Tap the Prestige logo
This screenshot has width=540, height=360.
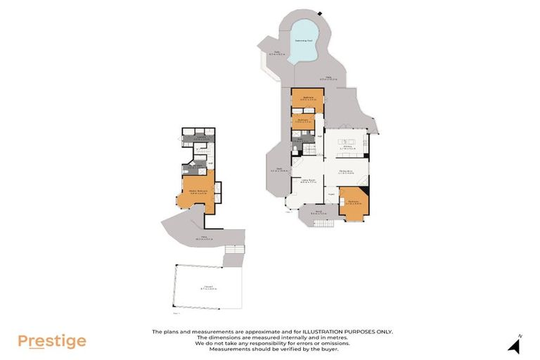(x=51, y=342)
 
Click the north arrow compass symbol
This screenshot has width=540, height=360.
(x=515, y=345)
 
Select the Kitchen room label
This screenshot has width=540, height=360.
(x=347, y=148)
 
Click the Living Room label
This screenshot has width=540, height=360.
(x=308, y=182)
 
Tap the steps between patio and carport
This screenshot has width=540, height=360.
(x=233, y=250)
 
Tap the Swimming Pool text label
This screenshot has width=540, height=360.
(x=304, y=40)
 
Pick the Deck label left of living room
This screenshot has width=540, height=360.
(x=279, y=169)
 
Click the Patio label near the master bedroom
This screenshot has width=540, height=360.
(x=205, y=237)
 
